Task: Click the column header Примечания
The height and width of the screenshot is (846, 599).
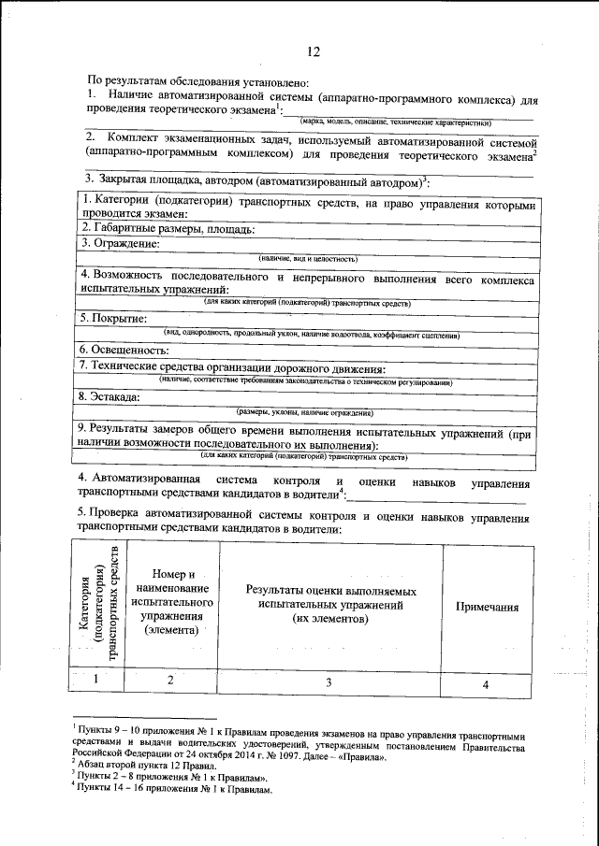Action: click(x=487, y=607)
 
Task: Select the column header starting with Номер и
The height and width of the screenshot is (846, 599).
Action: click(x=173, y=602)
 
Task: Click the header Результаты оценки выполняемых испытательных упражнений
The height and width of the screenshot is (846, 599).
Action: click(x=330, y=606)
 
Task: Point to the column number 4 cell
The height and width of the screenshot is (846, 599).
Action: click(x=486, y=684)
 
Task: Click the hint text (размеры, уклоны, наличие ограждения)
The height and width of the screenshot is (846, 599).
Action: click(x=305, y=411)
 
